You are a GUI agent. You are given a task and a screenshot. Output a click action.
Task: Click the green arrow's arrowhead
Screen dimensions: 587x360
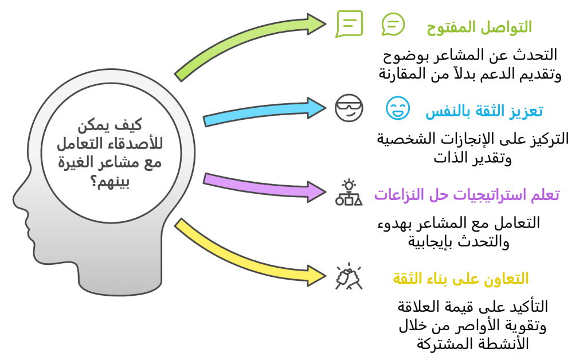pos(316,24)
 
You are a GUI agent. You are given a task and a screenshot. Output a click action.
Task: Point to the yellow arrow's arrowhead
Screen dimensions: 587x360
pos(316,276)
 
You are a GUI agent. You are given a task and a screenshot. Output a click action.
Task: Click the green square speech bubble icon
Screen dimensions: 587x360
pos(349,24)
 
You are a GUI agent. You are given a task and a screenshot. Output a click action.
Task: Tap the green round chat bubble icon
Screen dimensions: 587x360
pos(393,24)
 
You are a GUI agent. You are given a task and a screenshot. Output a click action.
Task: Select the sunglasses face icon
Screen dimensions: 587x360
pos(349,108)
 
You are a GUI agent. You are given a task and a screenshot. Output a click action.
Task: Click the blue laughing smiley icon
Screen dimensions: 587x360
pos(398,108)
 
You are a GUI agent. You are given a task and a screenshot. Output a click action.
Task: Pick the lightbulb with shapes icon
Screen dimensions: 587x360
pos(349,193)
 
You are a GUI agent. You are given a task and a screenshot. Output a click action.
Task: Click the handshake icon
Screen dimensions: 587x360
pos(349,276)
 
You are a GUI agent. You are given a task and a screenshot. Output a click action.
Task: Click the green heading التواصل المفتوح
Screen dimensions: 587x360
pos(479,27)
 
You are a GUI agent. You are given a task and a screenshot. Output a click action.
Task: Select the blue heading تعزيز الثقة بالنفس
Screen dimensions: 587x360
pos(484,111)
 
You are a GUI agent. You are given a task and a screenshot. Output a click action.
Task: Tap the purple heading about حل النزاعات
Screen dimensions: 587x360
pos(467,194)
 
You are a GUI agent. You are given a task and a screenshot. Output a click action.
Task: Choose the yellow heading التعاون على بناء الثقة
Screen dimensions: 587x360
pos(460,279)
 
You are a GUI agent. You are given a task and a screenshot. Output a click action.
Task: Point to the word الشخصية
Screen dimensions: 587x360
pos(400,139)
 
